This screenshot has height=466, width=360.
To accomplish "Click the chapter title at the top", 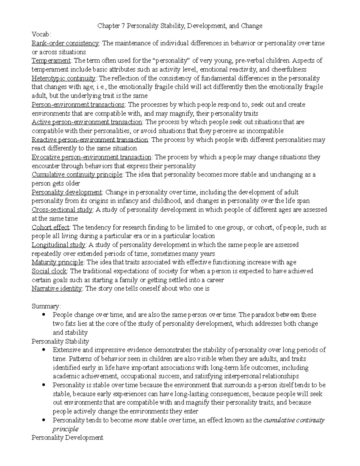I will pyautogui.click(x=180, y=26).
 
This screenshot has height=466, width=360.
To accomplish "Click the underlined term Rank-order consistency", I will pyautogui.click(x=65, y=43).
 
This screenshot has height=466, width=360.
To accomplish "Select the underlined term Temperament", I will pyautogui.click(x=51, y=61).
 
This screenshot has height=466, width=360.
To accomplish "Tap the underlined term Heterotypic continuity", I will pyautogui.click(x=64, y=78).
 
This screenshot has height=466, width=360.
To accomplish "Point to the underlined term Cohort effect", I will pyautogui.click(x=50, y=227).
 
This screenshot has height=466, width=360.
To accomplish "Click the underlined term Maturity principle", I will pyautogui.click(x=58, y=262).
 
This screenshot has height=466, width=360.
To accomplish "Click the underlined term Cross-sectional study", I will pyautogui.click(x=62, y=210).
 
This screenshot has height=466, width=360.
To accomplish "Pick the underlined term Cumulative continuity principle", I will pyautogui.click(x=77, y=175).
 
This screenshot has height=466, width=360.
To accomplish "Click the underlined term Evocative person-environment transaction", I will pyautogui.click(x=91, y=157).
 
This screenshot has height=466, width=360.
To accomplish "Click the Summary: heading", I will pyautogui.click(x=46, y=306).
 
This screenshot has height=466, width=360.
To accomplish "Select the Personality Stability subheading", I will pyautogui.click(x=60, y=341).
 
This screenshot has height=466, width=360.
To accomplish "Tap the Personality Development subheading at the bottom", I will pyautogui.click(x=67, y=437).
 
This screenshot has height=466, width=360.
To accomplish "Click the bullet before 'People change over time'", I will pyautogui.click(x=44, y=315).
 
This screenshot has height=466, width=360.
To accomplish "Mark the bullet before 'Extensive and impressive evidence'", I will pyautogui.click(x=44, y=350).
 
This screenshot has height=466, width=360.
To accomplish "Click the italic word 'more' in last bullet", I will pyautogui.click(x=141, y=420).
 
